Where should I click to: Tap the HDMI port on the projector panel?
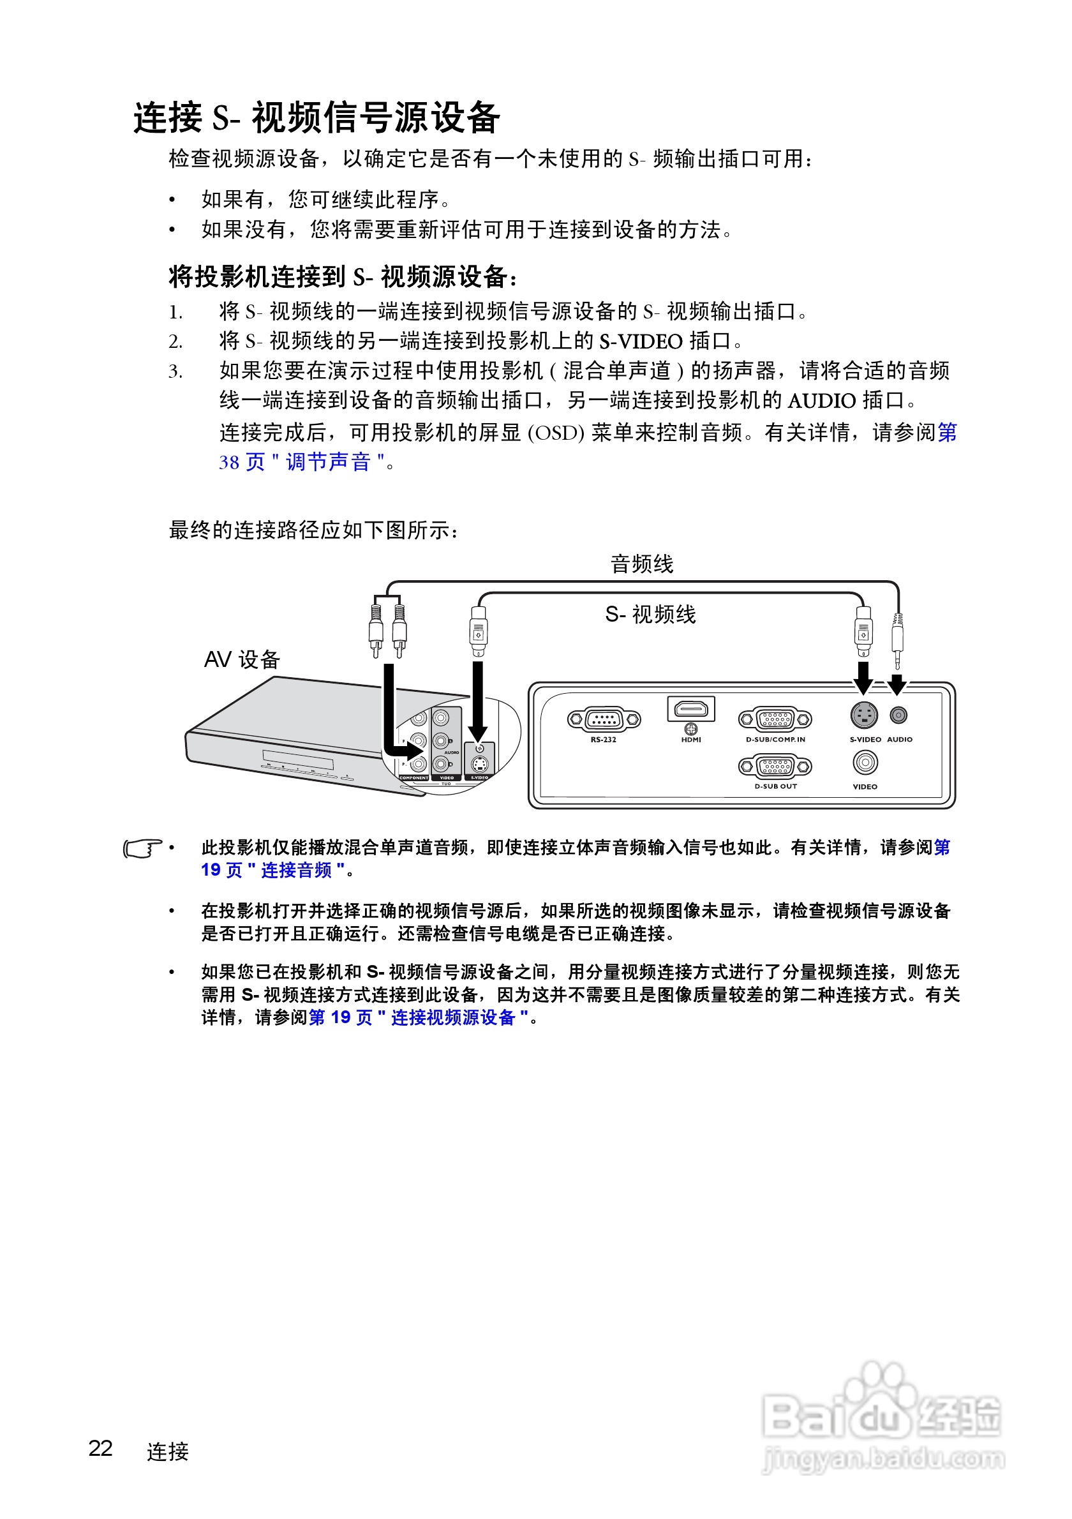point(690,710)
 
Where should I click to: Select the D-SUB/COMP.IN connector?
point(775,719)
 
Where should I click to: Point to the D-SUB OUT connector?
point(775,766)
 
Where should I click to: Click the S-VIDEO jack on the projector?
point(864,715)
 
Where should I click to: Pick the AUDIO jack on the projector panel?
point(898,715)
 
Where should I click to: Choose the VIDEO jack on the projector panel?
point(865,763)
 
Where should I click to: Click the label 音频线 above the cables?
point(641,564)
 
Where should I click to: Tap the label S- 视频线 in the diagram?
point(650,615)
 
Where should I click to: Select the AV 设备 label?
point(242,659)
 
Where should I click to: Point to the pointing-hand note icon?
point(142,848)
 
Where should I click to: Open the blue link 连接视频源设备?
point(452,1017)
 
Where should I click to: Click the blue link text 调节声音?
point(327,462)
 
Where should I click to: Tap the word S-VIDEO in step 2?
point(640,341)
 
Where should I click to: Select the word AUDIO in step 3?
point(821,400)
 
